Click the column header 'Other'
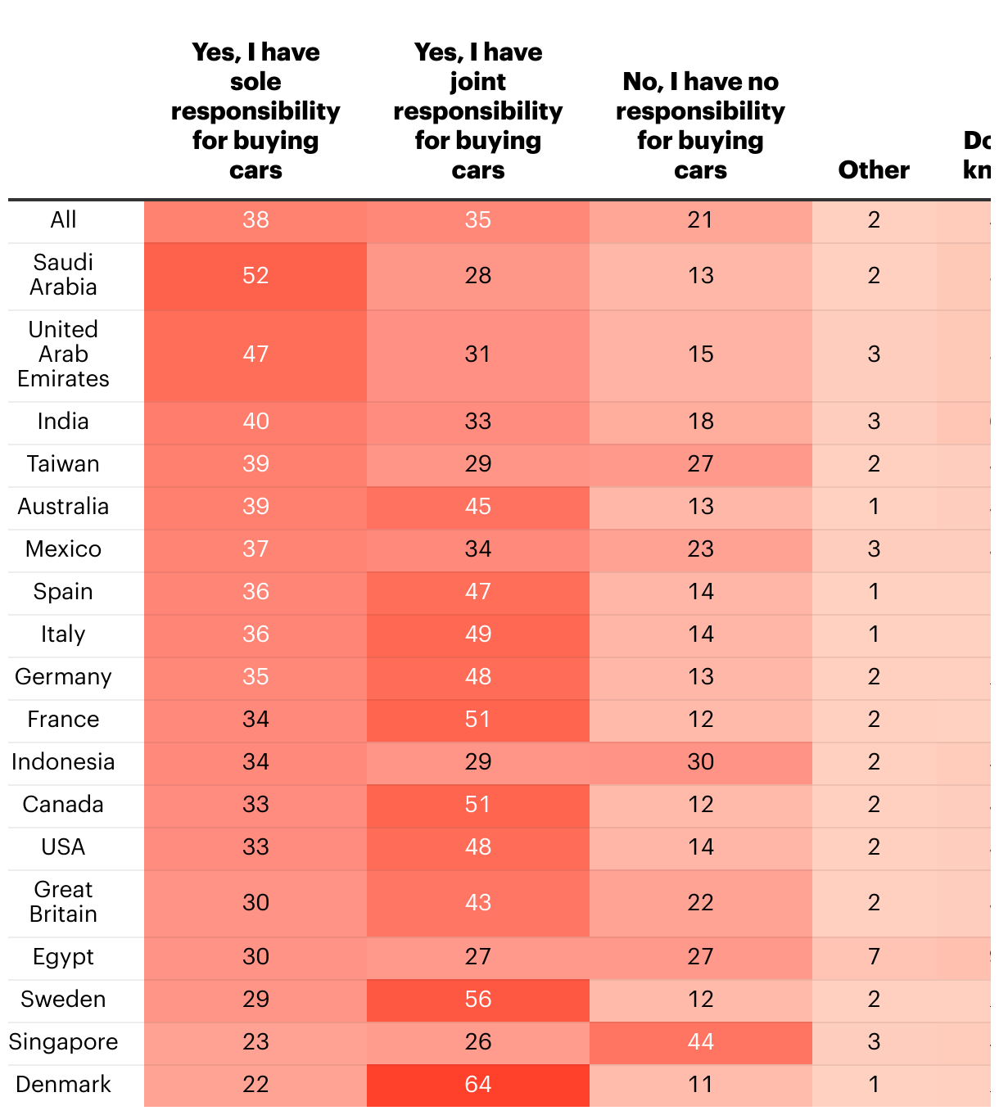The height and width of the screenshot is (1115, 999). coord(874,169)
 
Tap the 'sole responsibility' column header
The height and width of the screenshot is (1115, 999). coord(255,111)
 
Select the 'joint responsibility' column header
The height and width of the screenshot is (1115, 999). coord(478,111)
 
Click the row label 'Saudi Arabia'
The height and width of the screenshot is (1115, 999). coord(63,275)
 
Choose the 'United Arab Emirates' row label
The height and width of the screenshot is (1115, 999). coord(63,354)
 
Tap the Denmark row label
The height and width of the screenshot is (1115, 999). coord(63,1084)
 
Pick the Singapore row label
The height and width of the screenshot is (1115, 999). coord(63,1041)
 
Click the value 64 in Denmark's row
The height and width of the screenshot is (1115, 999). coord(478,1084)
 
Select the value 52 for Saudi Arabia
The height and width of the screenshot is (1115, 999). coord(255,275)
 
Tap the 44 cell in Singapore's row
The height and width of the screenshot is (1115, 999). coord(700,1041)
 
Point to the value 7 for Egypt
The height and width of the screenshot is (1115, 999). coord(874,956)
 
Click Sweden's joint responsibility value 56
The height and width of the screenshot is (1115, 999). coord(478,999)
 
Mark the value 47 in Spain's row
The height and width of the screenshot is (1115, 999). coord(478,591)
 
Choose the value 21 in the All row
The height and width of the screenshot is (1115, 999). coord(700,219)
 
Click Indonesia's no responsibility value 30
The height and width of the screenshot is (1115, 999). coord(700,761)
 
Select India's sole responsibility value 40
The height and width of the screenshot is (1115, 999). coord(255,421)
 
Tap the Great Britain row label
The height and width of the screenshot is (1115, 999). coord(63,902)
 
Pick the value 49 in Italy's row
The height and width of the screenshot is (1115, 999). coord(478,634)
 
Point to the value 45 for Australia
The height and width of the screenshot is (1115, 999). coord(478,506)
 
